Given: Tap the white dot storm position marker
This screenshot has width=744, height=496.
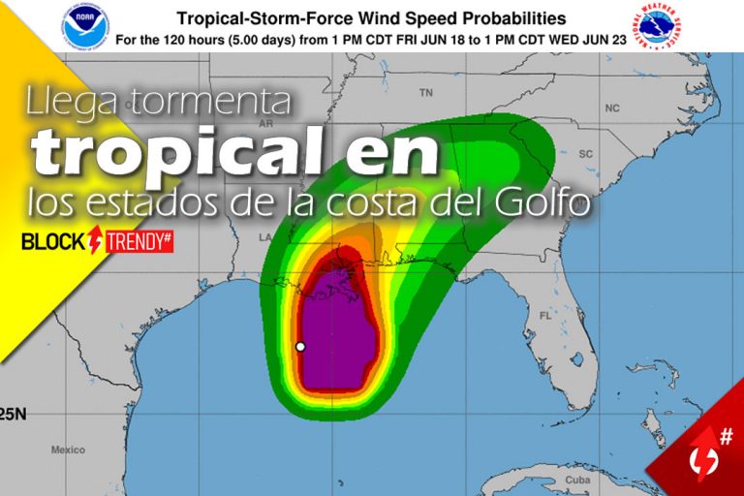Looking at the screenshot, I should pyautogui.click(x=300, y=346).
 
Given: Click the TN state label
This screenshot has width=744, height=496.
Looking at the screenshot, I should pyautogui.click(x=425, y=94).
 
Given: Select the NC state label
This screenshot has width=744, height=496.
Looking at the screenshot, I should pyautogui.click(x=611, y=108).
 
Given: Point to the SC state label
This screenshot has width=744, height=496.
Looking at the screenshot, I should pyautogui.click(x=585, y=154).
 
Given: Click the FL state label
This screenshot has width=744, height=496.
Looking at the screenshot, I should pyautogui.click(x=544, y=316).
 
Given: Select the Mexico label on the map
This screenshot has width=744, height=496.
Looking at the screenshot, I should pyautogui.click(x=68, y=449).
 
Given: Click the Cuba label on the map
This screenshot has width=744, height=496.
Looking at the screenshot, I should pyautogui.click(x=577, y=481).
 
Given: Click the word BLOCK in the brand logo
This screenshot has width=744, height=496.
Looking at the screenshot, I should pyautogui.click(x=52, y=242).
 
